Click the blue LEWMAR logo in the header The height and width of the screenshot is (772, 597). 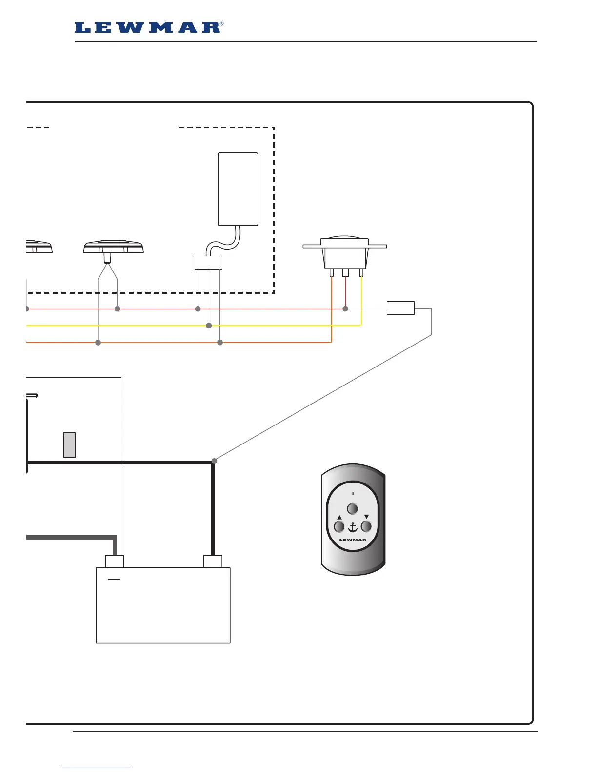tap(148, 28)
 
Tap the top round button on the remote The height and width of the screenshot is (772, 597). tap(352, 509)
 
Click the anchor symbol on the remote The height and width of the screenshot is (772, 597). tap(352, 527)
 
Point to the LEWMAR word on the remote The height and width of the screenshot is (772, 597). tap(352, 540)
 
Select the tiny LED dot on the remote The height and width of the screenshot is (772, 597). tap(353, 494)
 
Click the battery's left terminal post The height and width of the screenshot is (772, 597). tap(115, 561)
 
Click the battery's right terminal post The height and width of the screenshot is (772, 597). tap(213, 561)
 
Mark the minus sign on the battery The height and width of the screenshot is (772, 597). tap(114, 580)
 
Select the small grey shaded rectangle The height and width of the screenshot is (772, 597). tap(69, 444)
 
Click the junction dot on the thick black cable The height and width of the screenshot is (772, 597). tap(214, 461)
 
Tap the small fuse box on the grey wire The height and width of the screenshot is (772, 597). tap(400, 309)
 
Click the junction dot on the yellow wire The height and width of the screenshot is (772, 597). tap(209, 326)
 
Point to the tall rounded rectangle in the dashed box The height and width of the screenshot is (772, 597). tap(238, 189)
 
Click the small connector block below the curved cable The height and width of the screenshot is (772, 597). tap(208, 263)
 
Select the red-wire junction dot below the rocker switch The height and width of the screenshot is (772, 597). tap(345, 309)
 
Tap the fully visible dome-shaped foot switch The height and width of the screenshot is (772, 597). tap(113, 247)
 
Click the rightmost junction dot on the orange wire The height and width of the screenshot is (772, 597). tap(220, 343)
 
